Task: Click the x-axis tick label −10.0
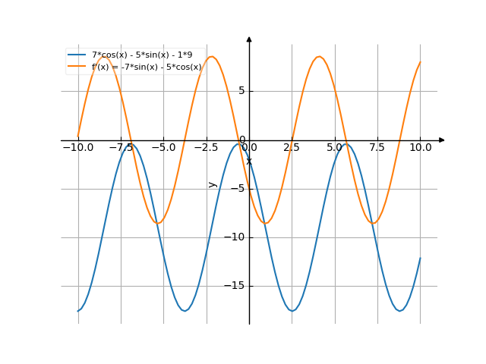point(77,147)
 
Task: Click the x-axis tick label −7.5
point(120,147)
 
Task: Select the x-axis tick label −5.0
point(163,147)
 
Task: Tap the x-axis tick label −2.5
point(206,147)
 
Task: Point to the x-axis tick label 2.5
point(292,147)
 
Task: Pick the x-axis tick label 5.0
point(335,147)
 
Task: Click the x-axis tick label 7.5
point(377,147)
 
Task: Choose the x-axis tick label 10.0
point(420,147)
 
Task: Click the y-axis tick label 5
point(241,91)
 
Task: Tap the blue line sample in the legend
point(76,55)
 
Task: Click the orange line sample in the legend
point(76,67)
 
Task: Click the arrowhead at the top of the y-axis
point(249,39)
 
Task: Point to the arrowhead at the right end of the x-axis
point(442,140)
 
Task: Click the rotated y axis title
point(213,184)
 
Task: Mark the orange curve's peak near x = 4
point(320,56)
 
